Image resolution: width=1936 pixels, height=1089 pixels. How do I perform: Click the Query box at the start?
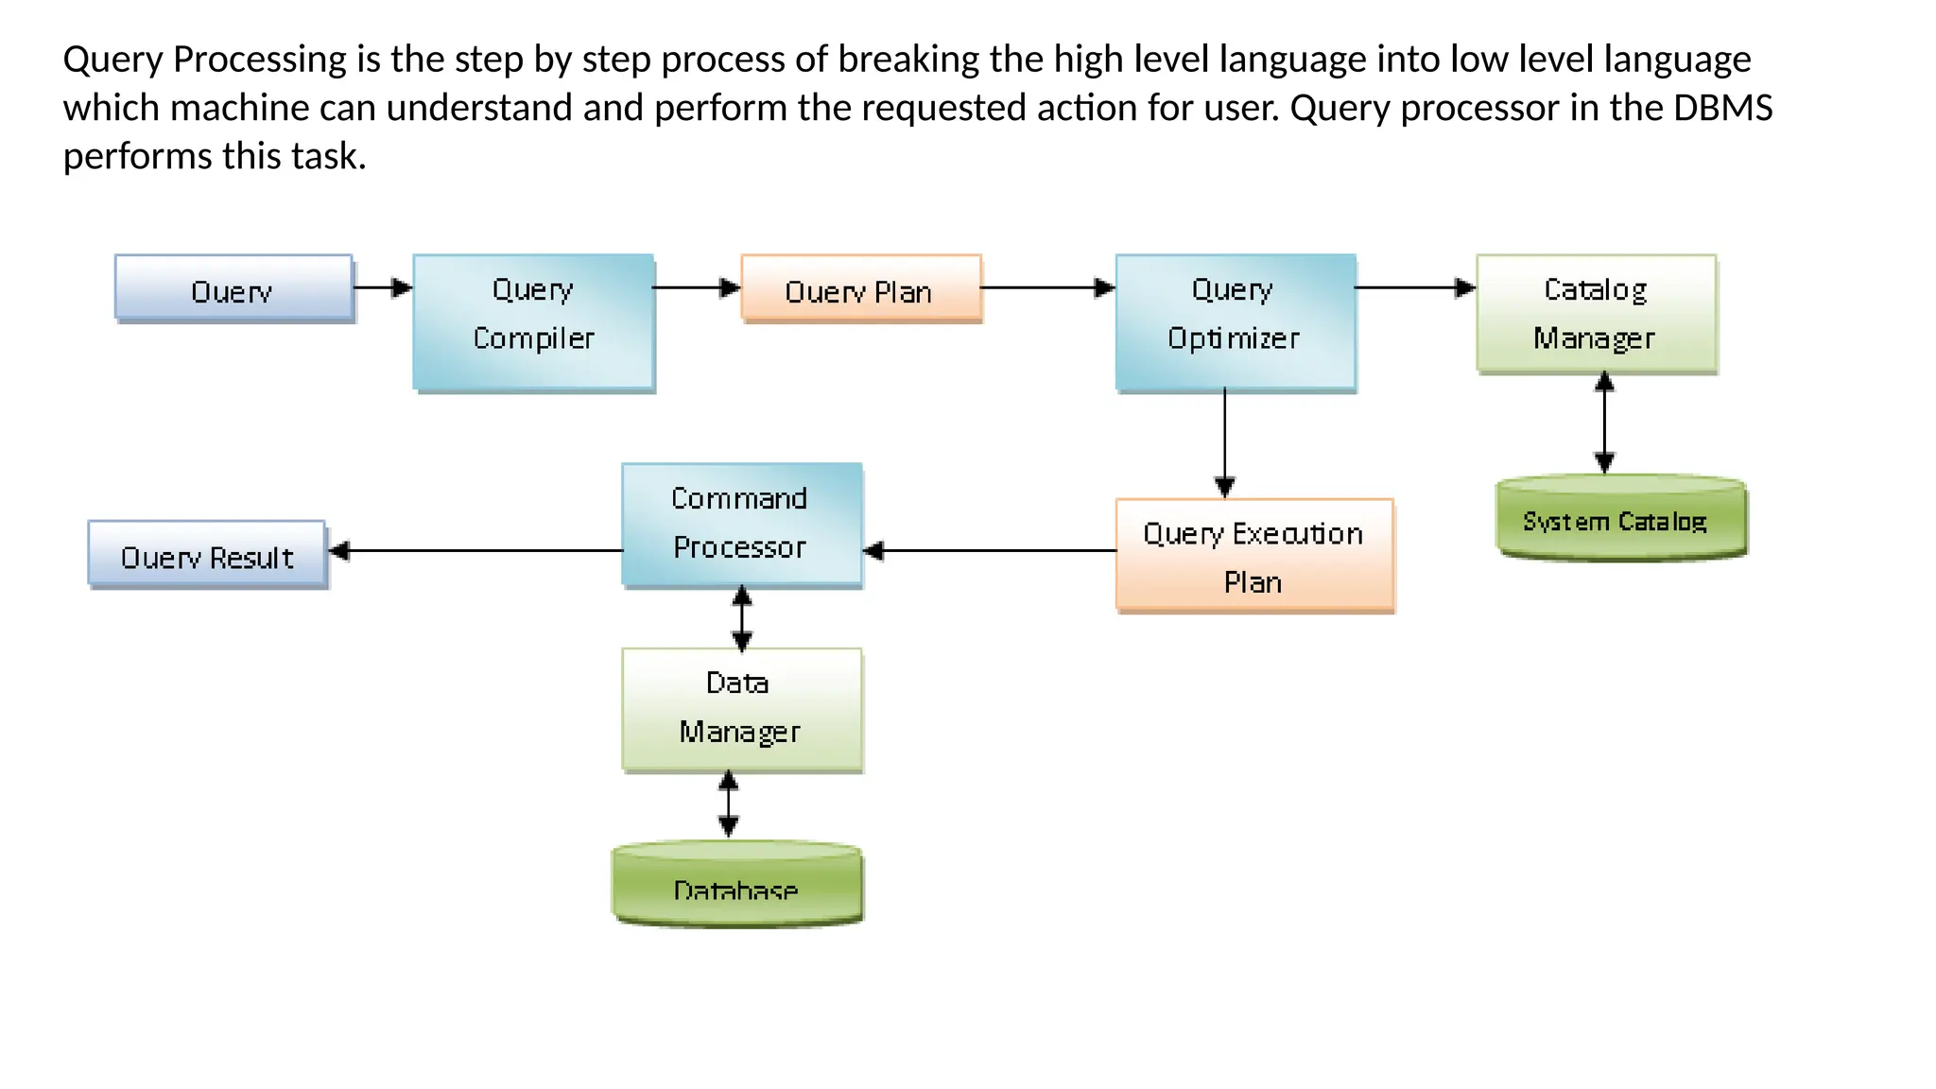coord(233,288)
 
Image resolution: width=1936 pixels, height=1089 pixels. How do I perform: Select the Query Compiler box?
coord(533,322)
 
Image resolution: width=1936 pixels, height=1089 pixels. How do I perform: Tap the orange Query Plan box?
coord(860,288)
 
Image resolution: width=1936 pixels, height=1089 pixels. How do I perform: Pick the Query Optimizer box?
coord(1235,322)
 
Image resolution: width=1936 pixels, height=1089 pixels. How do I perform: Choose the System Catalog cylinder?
coord(1620,519)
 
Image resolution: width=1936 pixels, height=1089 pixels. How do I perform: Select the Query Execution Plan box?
coord(1253,556)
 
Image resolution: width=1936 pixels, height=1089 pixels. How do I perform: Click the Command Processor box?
coord(741,525)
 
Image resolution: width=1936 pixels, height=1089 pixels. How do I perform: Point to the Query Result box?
coord(207,555)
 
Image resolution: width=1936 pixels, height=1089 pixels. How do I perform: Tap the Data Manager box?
coord(741,709)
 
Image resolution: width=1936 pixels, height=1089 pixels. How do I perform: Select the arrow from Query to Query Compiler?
coord(382,287)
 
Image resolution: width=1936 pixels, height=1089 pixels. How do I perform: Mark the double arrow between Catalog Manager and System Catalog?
coord(1604,423)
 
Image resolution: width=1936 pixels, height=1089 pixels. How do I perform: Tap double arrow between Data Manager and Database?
coord(728,804)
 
